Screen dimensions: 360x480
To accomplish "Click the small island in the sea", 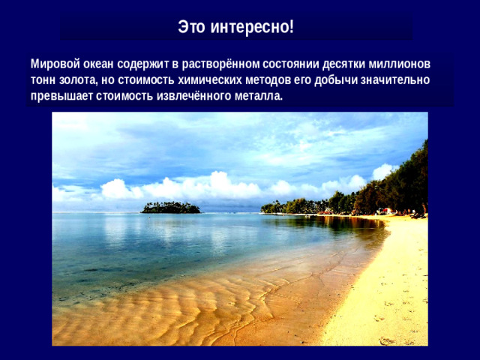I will click(x=171, y=207).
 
